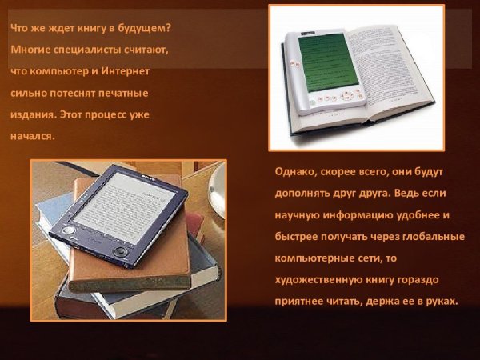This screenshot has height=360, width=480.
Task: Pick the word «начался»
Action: click(x=31, y=136)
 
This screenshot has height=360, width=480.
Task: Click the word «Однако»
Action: click(x=293, y=173)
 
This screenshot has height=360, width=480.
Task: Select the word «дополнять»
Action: click(x=301, y=194)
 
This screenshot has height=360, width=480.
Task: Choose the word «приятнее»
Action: click(x=299, y=302)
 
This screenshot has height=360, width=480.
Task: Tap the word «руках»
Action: click(x=439, y=302)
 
